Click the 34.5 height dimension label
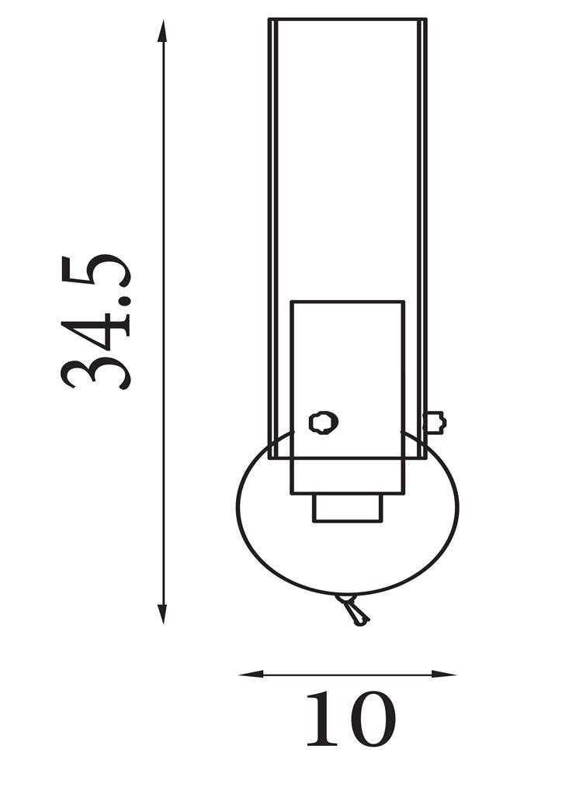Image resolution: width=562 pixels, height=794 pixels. (x=95, y=322)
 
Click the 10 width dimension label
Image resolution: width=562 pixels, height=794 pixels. (x=351, y=720)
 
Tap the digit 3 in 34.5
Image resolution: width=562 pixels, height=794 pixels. (x=95, y=374)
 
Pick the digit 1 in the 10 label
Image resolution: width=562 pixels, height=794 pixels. (x=322, y=720)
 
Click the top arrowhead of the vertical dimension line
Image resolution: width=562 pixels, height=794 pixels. (x=162, y=30)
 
